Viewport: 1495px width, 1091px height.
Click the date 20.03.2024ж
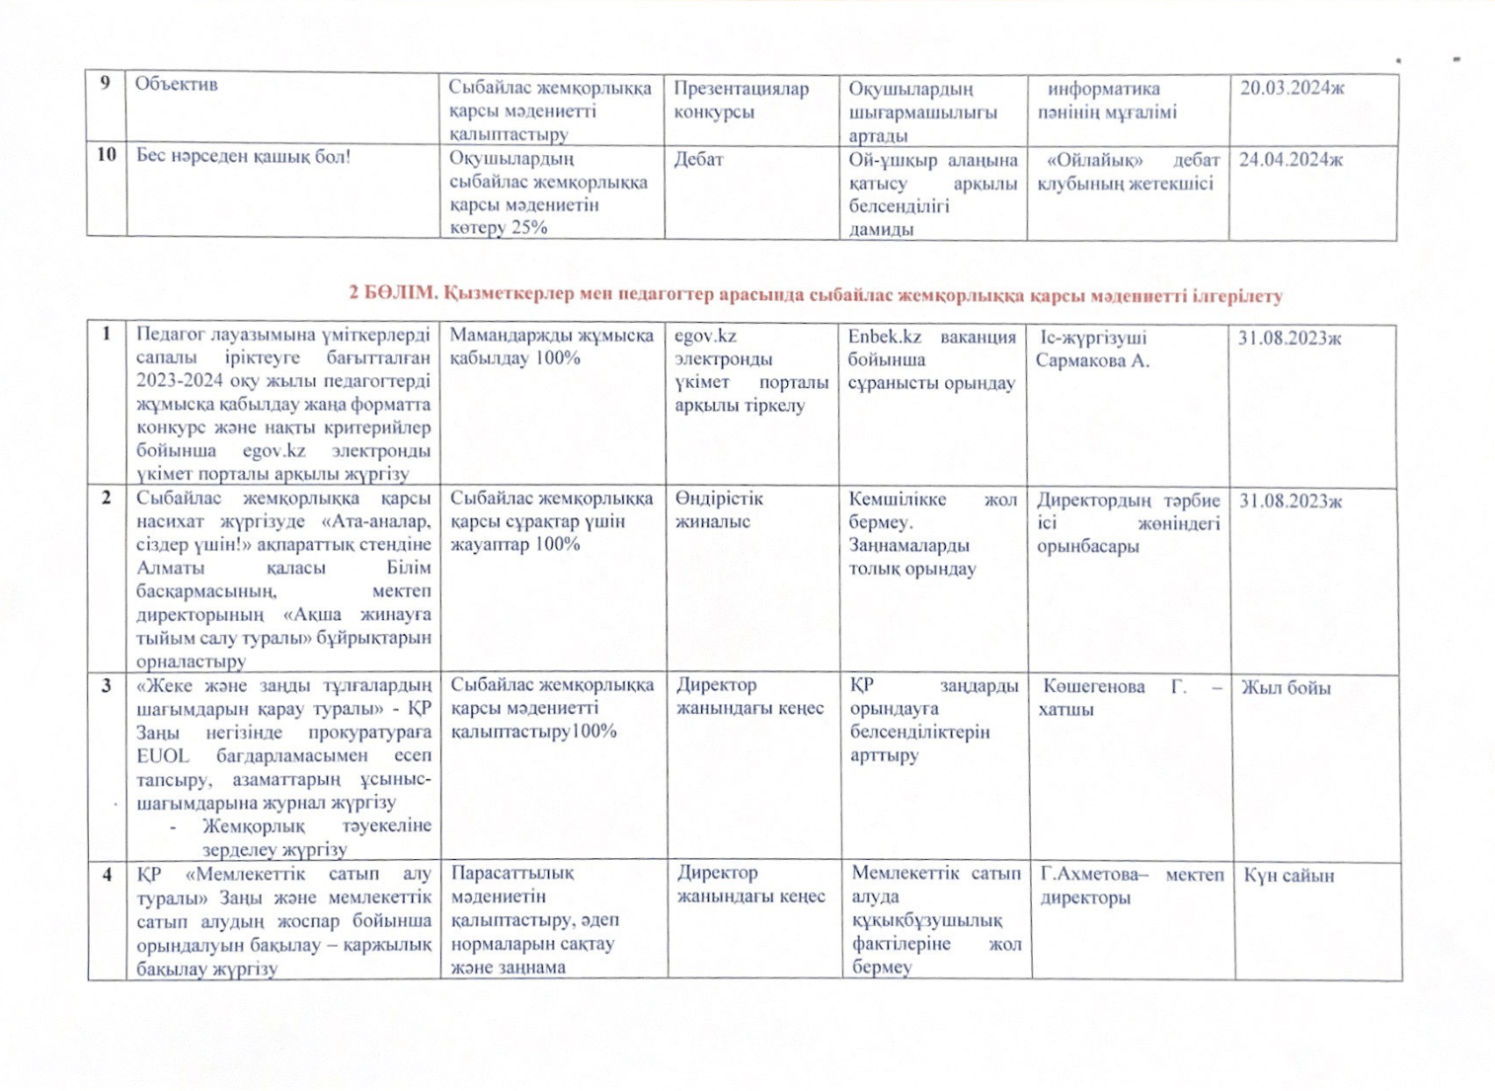(x=1292, y=88)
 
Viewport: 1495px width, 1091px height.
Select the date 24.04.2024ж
(x=1291, y=160)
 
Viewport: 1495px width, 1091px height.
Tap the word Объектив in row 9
(x=176, y=84)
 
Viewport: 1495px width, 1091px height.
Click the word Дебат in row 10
(x=698, y=159)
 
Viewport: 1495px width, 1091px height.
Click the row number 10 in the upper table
(x=106, y=155)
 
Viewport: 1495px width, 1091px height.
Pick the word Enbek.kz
(x=884, y=337)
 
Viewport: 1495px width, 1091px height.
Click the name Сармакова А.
(x=1092, y=360)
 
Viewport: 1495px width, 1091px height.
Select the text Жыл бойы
(x=1286, y=687)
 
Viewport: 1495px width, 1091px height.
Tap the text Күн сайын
(x=1289, y=876)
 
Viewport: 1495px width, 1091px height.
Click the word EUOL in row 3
(x=163, y=755)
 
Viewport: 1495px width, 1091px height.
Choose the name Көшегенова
(x=1093, y=686)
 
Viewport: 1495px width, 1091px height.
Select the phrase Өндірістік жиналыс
(x=719, y=510)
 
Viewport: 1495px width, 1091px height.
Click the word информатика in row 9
(x=1103, y=89)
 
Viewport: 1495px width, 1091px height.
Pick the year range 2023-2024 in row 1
(x=182, y=381)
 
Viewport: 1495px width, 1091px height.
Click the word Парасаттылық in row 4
(x=512, y=873)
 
